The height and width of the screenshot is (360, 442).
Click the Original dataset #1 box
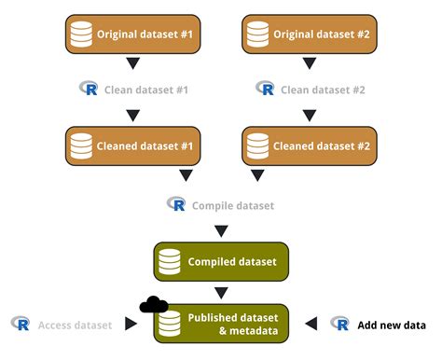[132, 35]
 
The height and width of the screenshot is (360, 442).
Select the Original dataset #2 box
[310, 35]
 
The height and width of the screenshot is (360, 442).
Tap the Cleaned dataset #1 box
[132, 145]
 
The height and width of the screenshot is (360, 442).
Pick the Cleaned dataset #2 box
[310, 145]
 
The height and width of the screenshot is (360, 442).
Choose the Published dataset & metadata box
[221, 324]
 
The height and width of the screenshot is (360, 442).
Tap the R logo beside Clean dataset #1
[90, 89]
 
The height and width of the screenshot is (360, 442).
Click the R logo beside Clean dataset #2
[265, 89]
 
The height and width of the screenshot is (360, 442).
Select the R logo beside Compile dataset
[175, 203]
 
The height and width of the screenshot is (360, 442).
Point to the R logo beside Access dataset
[21, 324]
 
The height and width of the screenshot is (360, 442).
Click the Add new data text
[392, 325]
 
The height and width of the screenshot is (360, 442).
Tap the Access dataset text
[75, 325]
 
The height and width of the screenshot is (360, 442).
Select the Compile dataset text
[233, 204]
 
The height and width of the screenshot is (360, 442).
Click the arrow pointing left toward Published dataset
[311, 324]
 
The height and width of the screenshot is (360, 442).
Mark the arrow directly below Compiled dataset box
[221, 292]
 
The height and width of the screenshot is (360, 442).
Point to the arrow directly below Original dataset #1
[132, 63]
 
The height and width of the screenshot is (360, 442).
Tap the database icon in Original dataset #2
[256, 35]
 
